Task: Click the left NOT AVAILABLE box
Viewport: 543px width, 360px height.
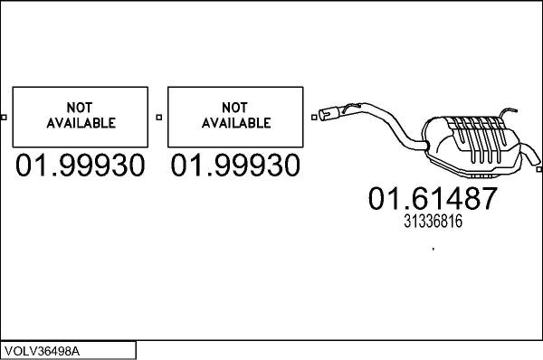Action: click(80, 115)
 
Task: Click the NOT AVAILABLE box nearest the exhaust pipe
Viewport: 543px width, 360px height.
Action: click(236, 115)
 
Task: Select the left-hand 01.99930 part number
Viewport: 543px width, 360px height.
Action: click(80, 166)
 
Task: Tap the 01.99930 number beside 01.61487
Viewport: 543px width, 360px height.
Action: click(236, 166)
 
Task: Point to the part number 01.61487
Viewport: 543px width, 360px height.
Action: click(433, 198)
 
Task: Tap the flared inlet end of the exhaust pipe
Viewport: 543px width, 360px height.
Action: click(329, 114)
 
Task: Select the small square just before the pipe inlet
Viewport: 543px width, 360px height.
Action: click(314, 115)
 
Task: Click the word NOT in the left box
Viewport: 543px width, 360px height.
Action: click(80, 106)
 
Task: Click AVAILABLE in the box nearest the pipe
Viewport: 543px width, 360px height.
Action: click(236, 122)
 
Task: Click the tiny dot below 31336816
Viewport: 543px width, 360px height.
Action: click(433, 247)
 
